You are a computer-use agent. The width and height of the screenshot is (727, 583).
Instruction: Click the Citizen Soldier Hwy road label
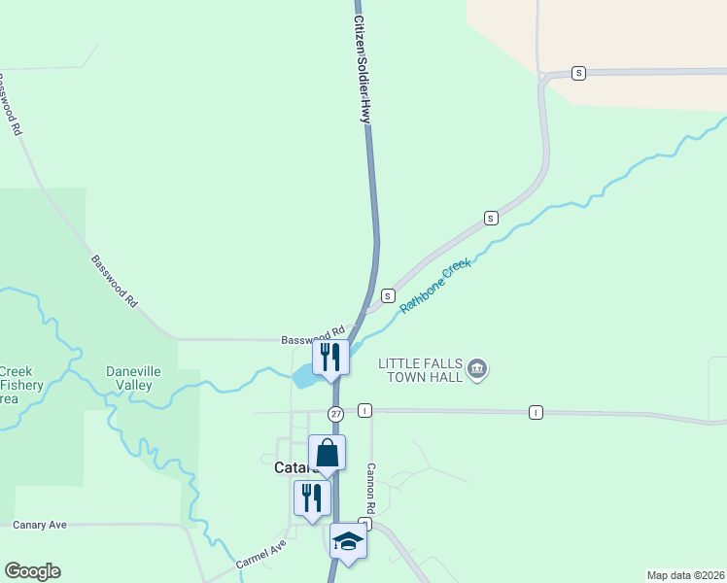coord(363,68)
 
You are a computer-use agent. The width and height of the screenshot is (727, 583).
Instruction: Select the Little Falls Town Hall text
coord(422,369)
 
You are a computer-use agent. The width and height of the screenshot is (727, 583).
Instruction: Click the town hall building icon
coord(477,368)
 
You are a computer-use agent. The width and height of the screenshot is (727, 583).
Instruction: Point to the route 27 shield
coord(335,413)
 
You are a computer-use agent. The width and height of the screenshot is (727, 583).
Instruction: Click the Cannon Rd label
coord(370,487)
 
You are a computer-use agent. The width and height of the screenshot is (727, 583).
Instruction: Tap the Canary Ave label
coord(40,525)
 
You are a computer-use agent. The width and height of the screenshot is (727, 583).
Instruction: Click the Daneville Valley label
coord(133,378)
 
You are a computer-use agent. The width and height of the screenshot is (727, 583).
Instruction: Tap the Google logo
coord(32,571)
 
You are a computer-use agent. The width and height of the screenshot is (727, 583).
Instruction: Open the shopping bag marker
coord(327,453)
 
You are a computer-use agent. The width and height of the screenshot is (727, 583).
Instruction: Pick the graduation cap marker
coord(348,542)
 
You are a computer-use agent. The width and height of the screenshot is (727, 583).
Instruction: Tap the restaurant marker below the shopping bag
coord(312,497)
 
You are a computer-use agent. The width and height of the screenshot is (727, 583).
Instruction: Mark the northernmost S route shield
coord(578,73)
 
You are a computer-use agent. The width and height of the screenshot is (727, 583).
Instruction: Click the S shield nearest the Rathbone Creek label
coord(388,295)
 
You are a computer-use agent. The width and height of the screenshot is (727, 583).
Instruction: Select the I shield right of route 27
coord(364,411)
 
